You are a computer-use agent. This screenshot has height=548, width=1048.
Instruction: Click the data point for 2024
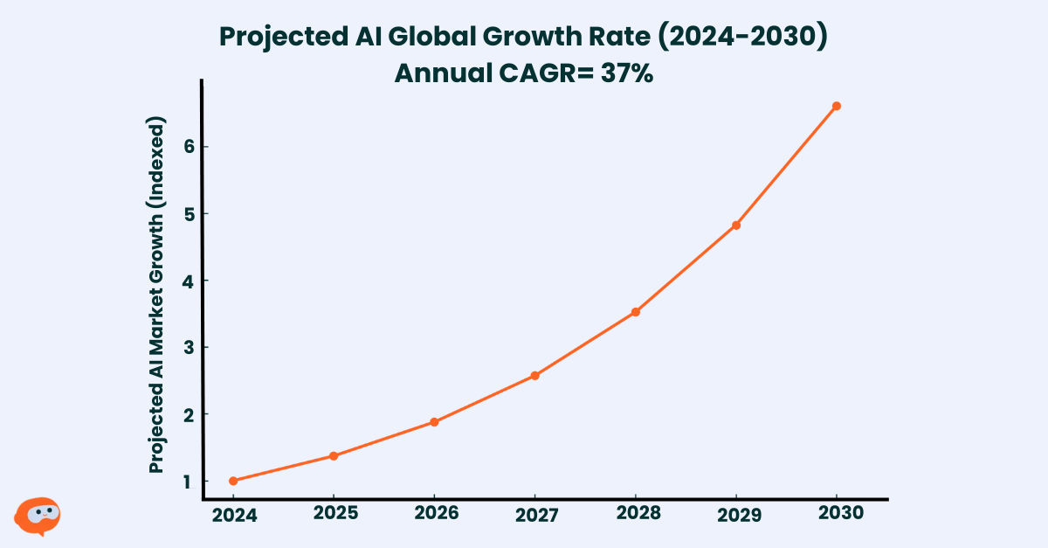233,481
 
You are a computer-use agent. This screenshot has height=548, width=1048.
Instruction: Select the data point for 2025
334,455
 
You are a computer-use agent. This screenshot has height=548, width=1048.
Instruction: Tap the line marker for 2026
434,422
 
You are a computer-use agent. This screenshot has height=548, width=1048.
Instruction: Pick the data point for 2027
534,376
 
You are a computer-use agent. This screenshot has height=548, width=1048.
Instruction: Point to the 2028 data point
636,312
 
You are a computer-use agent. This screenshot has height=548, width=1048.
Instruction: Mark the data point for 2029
736,225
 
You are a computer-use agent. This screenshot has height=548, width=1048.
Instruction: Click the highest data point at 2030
837,106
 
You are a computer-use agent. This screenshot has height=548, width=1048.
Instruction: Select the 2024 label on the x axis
234,516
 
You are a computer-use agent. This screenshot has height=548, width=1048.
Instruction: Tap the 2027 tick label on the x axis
535,516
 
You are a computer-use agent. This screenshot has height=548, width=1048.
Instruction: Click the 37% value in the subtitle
625,73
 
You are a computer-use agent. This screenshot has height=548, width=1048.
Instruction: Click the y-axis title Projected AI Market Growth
157,297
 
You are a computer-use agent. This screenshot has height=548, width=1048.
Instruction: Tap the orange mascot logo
38,516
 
